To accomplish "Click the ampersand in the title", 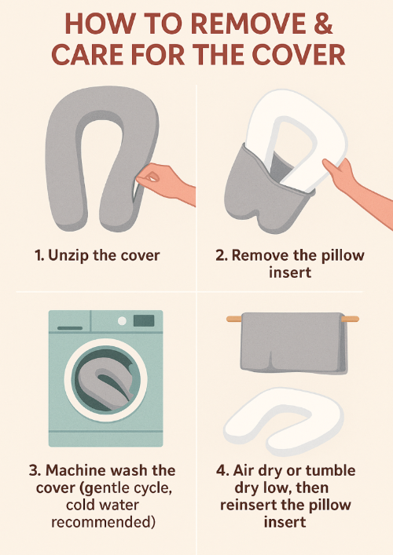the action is (321, 24).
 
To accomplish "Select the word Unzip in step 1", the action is (68, 255).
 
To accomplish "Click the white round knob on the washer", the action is (122, 321).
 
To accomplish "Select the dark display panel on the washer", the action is (144, 321).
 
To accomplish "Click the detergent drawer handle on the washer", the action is (70, 328).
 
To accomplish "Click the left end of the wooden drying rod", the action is (227, 319).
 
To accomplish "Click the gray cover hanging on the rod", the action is (293, 342).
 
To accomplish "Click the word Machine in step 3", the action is (76, 470).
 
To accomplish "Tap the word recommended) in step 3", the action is (103, 522).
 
